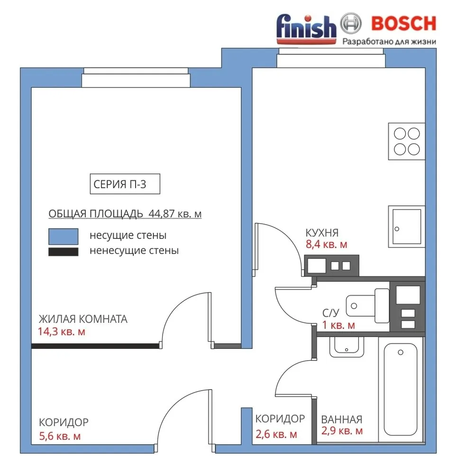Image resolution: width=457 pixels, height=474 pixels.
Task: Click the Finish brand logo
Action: coord(306,29)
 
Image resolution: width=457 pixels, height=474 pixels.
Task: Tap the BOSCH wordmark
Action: coord(403,24)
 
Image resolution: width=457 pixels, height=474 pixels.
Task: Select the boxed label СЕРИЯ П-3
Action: coord(125,184)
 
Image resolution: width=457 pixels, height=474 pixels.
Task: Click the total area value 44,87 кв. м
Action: coord(175,213)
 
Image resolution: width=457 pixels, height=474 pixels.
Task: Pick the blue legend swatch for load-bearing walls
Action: coord(63,236)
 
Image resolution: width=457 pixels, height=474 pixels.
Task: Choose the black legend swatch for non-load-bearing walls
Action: coord(63,252)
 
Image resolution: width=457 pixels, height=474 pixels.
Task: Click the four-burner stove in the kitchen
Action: coord(407,141)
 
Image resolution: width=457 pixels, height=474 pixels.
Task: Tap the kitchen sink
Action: coord(407,227)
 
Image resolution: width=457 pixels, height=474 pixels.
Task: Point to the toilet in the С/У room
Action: coord(367,306)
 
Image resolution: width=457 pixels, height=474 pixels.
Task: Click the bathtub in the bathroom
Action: coord(401,389)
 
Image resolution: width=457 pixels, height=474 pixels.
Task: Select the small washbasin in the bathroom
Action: coord(347,347)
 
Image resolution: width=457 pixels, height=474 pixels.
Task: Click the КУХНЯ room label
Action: coord(322,233)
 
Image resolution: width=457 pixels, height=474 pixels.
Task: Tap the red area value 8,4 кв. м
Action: coord(327,244)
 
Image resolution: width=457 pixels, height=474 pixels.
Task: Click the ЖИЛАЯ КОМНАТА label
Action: coord(83,319)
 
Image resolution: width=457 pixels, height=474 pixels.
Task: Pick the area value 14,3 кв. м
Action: coord(62,332)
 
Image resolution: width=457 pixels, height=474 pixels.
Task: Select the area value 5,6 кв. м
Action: coord(60,436)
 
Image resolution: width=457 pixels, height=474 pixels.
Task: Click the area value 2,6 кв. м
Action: coord(276,434)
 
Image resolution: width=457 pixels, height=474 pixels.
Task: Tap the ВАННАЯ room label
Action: coord(341,419)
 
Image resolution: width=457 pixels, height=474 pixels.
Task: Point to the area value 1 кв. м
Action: coord(338,325)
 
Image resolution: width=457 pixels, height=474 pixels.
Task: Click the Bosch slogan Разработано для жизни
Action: coord(389,41)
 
